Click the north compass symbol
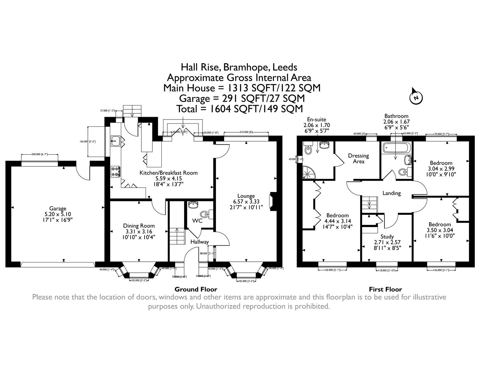coord(416,98)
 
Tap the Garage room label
coord(57,209)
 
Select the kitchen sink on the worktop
coord(115,140)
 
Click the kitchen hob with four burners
coord(115,171)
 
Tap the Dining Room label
coord(139,226)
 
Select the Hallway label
coord(199,242)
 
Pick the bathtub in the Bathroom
coord(395,149)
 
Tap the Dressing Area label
coord(358,158)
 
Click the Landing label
coord(391,193)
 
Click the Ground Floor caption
coord(196,289)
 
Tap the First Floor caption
coord(385,289)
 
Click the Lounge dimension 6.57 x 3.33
coord(246,202)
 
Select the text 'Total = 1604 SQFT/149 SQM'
coord(239,109)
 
